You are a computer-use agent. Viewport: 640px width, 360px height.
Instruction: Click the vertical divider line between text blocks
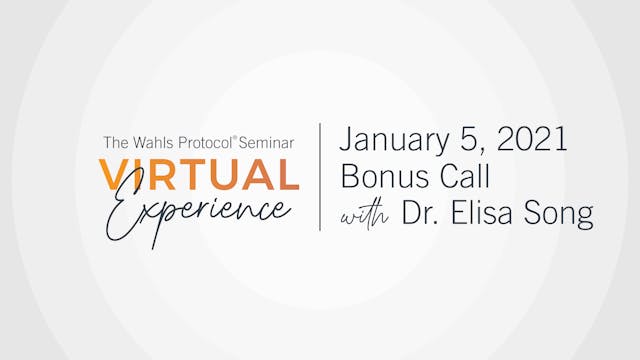point(320,177)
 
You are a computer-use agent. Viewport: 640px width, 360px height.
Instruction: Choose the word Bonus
point(381,176)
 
